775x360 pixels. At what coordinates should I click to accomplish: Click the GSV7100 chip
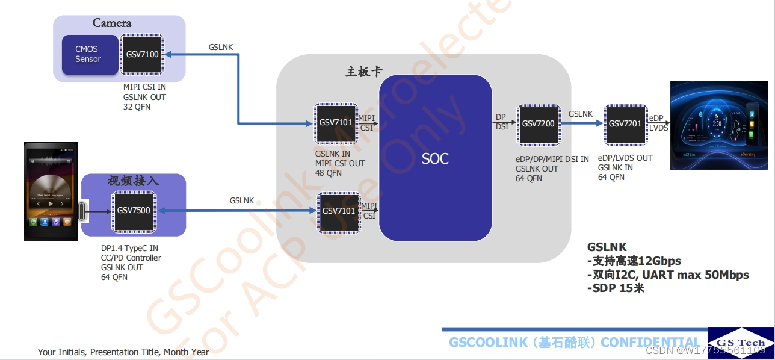click(142, 54)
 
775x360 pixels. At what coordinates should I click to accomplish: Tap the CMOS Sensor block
click(89, 54)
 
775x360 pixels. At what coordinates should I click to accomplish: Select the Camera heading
click(112, 23)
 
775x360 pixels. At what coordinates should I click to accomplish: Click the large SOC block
click(435, 158)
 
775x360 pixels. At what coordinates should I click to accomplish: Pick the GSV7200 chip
click(538, 124)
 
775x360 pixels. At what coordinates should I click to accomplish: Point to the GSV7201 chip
click(625, 124)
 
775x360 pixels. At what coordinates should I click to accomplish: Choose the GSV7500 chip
click(134, 211)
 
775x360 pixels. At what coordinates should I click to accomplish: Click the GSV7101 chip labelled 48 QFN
click(336, 123)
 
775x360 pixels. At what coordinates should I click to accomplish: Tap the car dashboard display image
click(722, 125)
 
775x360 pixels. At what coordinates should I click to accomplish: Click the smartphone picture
click(51, 191)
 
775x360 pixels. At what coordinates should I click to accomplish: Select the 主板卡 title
click(364, 72)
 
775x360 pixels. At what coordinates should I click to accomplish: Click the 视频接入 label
click(133, 181)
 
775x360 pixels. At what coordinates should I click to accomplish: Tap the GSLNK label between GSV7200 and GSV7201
click(581, 114)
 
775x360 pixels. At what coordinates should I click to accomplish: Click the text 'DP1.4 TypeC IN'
click(129, 248)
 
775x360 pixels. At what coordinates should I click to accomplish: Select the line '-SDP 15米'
click(616, 288)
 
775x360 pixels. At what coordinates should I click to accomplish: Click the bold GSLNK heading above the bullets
click(607, 247)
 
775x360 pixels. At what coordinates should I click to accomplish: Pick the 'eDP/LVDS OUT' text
click(625, 158)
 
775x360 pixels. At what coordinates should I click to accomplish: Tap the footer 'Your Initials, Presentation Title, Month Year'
click(123, 352)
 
